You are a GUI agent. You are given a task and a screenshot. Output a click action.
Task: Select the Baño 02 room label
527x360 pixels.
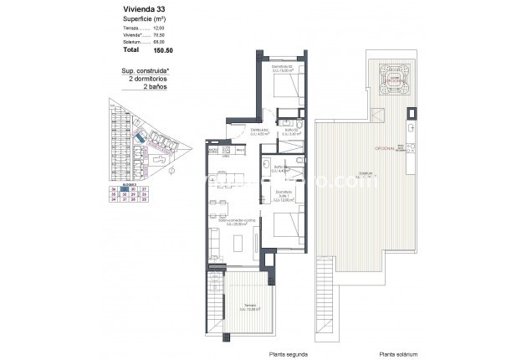click(292, 131)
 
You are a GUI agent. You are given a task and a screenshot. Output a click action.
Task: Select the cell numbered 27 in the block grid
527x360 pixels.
click(143, 191)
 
